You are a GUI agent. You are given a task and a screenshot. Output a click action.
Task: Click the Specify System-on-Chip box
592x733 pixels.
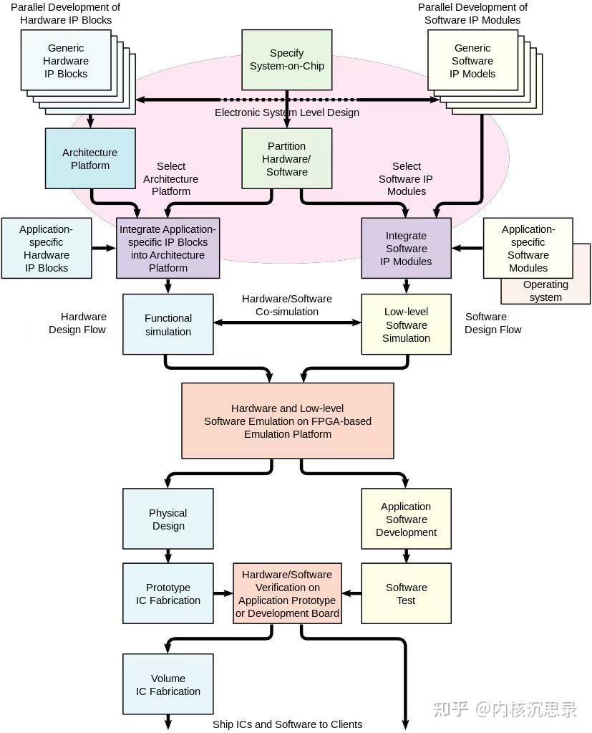pyautogui.click(x=286, y=59)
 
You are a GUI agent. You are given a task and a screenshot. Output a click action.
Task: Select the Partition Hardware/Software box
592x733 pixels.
pyautogui.click(x=286, y=159)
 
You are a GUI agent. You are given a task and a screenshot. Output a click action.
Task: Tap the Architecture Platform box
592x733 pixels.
pyautogui.click(x=89, y=159)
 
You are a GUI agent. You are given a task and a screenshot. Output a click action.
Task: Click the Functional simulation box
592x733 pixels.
pyautogui.click(x=168, y=325)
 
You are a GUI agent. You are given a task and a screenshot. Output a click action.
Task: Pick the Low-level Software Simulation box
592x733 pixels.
pyautogui.click(x=406, y=325)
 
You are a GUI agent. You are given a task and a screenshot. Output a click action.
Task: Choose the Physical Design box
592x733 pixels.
pyautogui.click(x=168, y=519)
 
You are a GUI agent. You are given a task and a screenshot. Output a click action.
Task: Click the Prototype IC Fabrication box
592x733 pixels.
pyautogui.click(x=168, y=593)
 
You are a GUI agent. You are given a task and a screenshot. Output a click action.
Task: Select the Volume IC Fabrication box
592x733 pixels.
pyautogui.click(x=168, y=684)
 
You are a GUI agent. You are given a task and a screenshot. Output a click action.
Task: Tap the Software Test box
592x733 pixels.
pyautogui.click(x=406, y=593)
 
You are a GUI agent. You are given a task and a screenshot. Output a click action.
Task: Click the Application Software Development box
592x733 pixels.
pyautogui.click(x=406, y=519)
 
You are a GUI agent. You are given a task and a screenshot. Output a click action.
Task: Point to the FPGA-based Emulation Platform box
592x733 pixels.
pyautogui.click(x=287, y=421)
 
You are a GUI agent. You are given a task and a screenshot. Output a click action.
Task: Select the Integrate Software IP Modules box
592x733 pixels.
pyautogui.click(x=406, y=249)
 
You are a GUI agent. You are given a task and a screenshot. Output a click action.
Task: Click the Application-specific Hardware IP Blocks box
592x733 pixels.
pyautogui.click(x=46, y=249)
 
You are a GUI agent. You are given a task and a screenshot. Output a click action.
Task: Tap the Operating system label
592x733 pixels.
pyautogui.click(x=545, y=291)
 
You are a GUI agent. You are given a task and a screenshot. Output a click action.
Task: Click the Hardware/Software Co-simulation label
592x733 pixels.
pyautogui.click(x=287, y=305)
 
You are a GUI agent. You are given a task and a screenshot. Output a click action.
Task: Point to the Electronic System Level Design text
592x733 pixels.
pyautogui.click(x=287, y=112)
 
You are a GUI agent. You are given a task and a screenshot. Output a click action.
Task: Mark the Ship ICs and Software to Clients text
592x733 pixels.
pyautogui.click(x=287, y=724)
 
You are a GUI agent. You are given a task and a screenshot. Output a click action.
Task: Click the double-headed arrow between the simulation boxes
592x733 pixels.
pyautogui.click(x=287, y=323)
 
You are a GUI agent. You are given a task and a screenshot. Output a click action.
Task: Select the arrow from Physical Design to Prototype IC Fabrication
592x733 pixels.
pyautogui.click(x=168, y=556)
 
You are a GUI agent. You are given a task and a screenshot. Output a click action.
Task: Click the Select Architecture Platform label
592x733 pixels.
pyautogui.click(x=170, y=178)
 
